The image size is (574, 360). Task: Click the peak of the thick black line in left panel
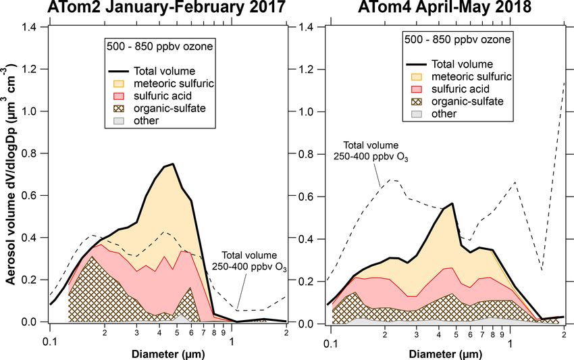tap(174, 164)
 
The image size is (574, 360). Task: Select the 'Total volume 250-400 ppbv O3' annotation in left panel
tap(250, 260)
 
